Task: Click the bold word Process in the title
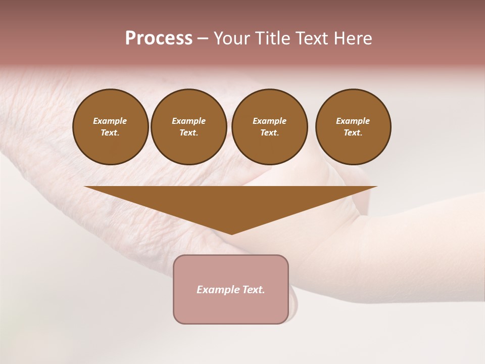159,38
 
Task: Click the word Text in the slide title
313,38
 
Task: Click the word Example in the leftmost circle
110,121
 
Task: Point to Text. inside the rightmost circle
353,132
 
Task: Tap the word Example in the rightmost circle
353,121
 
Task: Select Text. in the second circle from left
188,132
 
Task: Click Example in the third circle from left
269,121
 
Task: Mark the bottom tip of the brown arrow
231,234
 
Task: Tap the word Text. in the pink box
254,290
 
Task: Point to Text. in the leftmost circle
110,132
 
